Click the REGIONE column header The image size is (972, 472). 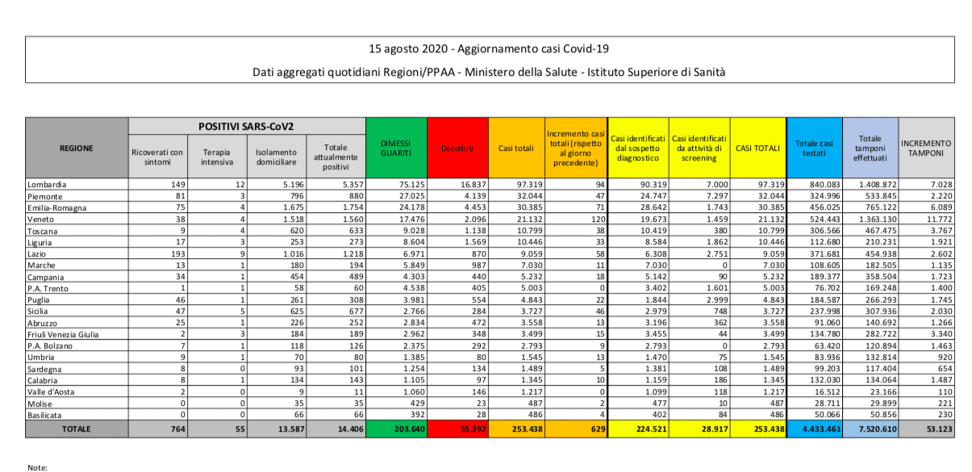click(77, 148)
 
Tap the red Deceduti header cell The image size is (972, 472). click(457, 148)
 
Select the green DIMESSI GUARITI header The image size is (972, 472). click(396, 148)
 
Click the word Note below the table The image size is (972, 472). click(37, 466)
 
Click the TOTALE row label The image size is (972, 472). click(77, 429)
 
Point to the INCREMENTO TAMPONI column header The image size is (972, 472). click(925, 148)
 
